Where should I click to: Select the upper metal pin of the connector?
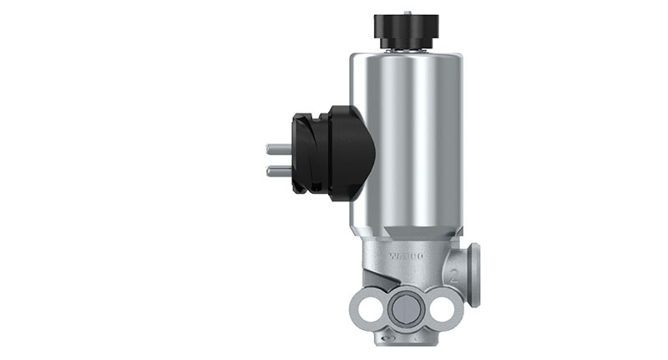(x=277, y=150)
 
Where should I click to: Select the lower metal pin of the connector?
(x=277, y=171)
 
